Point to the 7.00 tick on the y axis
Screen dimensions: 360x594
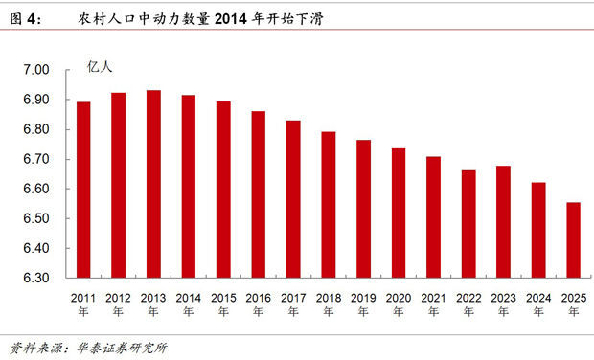coord(34,70)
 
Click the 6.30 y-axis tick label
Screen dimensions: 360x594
coord(34,278)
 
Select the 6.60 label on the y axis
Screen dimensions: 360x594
coord(34,189)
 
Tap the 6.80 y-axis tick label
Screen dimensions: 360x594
coord(34,129)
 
